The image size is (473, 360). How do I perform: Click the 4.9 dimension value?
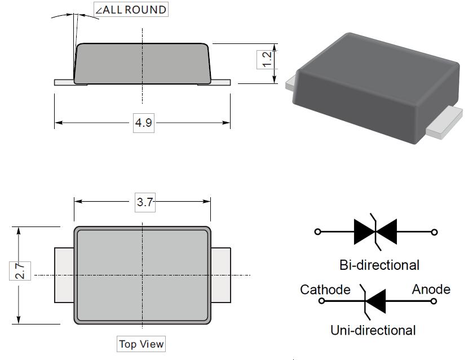point(143,122)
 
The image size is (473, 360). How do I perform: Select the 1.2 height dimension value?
point(267,59)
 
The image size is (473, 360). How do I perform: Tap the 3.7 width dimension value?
point(145,202)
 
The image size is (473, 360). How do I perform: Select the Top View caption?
point(141,344)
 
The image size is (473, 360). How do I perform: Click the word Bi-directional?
point(379,264)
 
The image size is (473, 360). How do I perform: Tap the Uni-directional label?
point(373,330)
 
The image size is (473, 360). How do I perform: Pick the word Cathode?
point(325,290)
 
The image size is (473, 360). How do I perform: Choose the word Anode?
point(431,290)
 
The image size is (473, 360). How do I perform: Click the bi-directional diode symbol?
point(375,232)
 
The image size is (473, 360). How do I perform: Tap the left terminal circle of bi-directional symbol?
point(317,232)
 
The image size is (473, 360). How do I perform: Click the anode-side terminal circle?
point(434,301)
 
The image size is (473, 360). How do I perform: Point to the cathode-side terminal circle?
point(322,301)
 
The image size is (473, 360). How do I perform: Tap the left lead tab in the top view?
point(64,275)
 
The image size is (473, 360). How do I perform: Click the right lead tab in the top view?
point(221,275)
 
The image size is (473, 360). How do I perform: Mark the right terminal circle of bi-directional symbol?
point(434,232)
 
